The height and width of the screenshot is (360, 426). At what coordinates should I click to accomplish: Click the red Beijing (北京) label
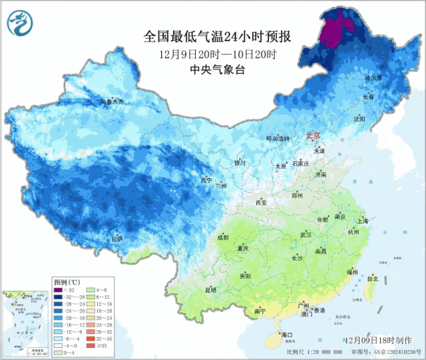click(x=313, y=136)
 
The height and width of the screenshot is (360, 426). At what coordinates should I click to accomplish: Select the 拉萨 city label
click(x=117, y=238)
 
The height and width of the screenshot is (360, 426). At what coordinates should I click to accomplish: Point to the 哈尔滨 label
click(x=374, y=78)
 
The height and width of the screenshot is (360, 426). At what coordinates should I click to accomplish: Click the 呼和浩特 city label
click(x=278, y=138)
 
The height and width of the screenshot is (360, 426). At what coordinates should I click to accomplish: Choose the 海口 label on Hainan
click(x=287, y=334)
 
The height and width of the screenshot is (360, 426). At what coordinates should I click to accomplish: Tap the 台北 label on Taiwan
click(x=374, y=279)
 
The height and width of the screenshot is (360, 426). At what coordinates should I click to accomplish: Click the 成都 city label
click(x=222, y=237)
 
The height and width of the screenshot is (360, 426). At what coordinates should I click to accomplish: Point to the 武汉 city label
click(x=306, y=235)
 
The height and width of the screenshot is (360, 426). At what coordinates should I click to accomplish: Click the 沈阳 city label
click(x=359, y=118)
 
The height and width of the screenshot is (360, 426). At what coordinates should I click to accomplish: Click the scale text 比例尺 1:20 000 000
click(x=314, y=351)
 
